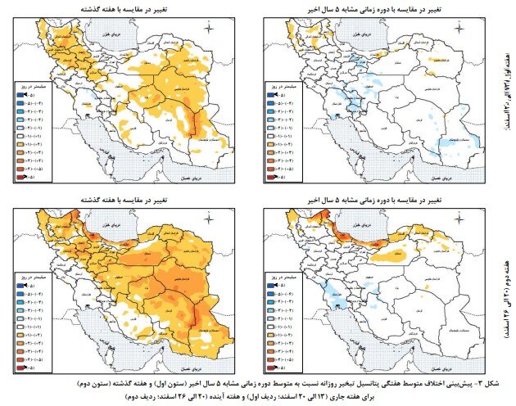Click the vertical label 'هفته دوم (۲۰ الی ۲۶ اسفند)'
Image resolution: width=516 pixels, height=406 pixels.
click(x=506, y=278)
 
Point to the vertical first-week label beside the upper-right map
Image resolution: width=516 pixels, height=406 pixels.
click(x=506, y=90)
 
